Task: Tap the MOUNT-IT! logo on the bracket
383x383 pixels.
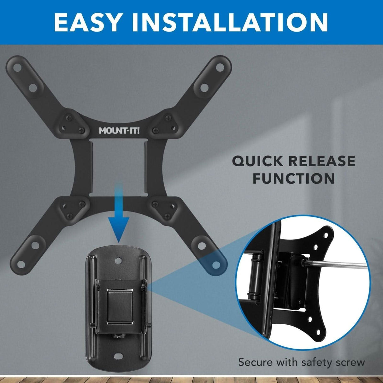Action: [x=119, y=130]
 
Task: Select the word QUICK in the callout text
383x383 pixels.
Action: [x=257, y=161]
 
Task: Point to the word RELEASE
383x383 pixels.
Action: [x=322, y=161]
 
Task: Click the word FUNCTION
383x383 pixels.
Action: [x=293, y=179]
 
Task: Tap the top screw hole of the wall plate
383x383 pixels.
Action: [x=119, y=261]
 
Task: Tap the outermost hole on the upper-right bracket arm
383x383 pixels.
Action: [x=218, y=68]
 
